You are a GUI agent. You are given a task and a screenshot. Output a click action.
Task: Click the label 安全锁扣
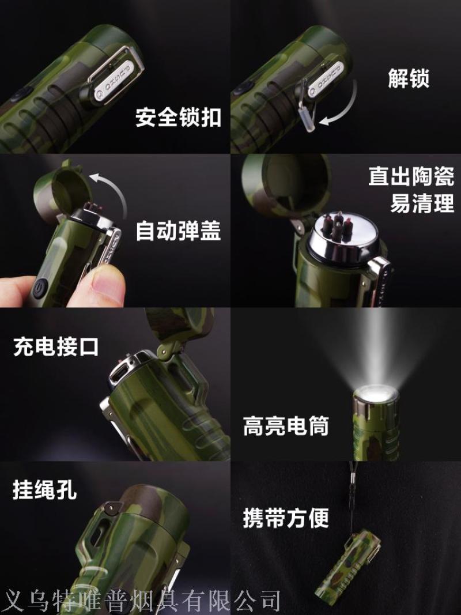pyautogui.click(x=179, y=117)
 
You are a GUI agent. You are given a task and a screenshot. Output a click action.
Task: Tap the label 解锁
pyautogui.click(x=409, y=78)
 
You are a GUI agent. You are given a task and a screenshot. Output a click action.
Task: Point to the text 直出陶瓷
pyautogui.click(x=411, y=176)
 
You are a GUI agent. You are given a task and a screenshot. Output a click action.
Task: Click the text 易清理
pyautogui.click(x=422, y=203)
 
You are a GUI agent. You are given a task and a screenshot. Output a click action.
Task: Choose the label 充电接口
pyautogui.click(x=56, y=347)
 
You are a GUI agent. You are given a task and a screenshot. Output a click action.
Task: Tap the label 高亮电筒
pyautogui.click(x=286, y=426)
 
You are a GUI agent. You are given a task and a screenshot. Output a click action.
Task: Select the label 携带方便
pyautogui.click(x=286, y=518)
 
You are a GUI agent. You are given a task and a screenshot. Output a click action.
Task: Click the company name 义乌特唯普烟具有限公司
pyautogui.click(x=141, y=601)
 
